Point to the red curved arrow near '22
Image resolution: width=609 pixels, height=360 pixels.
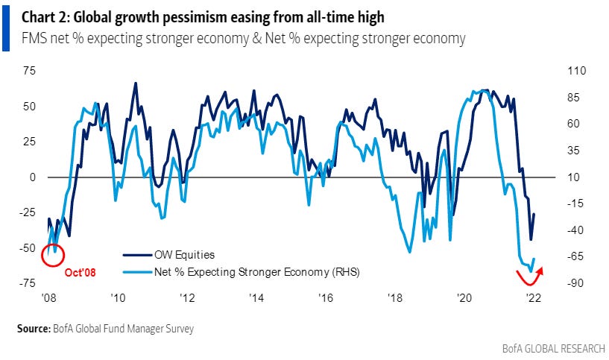(x=530, y=277)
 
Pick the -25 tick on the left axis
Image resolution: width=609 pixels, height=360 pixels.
(x=28, y=213)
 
